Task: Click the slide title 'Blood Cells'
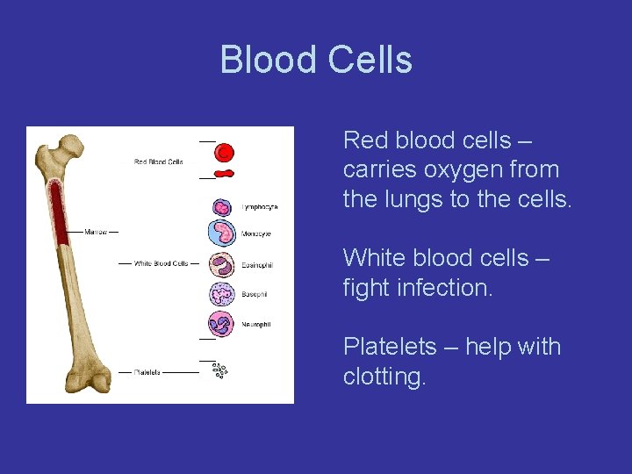point(316,60)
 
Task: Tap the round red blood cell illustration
point(225,153)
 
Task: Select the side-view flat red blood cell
point(225,174)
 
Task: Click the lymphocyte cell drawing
point(222,207)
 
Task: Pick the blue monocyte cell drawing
point(223,233)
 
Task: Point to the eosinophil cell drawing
point(222,264)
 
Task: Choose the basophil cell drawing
point(222,294)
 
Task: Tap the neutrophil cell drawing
point(222,323)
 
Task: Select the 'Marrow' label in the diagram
point(96,233)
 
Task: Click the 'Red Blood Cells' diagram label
point(158,162)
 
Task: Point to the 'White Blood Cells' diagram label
point(161,263)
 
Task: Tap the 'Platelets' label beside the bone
point(147,372)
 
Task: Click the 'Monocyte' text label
point(256,234)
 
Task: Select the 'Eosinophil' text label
point(257,265)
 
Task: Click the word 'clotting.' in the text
point(384,377)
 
